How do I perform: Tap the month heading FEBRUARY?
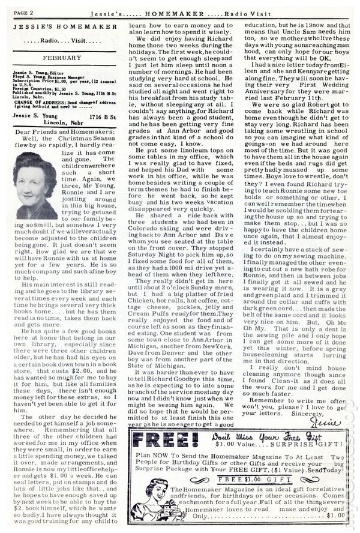pyautogui.click(x=62, y=58)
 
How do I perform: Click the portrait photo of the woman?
pyautogui.click(x=35, y=185)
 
